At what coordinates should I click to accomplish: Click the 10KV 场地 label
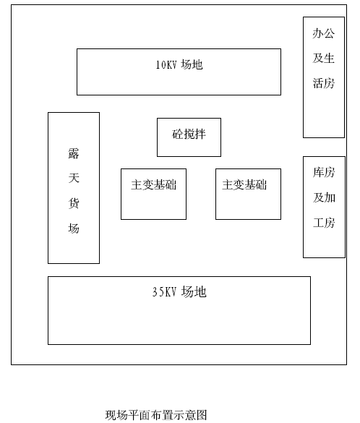pos(179,65)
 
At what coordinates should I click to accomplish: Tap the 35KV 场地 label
pos(179,292)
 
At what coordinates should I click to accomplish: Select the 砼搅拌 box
pos(189,137)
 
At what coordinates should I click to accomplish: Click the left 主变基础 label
pos(154,185)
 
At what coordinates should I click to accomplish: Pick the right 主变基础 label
pos(244,185)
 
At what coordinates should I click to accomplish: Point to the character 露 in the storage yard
pos(74,153)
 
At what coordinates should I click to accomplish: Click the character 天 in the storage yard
pos(74,178)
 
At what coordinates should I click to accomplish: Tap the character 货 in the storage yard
pos(74,203)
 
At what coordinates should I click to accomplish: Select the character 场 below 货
pos(74,228)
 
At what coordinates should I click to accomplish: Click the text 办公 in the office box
pos(324,33)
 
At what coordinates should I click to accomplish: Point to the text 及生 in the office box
pos(324,59)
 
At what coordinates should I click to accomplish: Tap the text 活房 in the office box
pos(324,83)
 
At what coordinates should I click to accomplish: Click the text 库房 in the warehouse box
pos(324,172)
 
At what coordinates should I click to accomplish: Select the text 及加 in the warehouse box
pos(324,197)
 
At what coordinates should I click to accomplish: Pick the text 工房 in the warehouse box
pos(324,223)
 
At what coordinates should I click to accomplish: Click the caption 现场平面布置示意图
pos(156,415)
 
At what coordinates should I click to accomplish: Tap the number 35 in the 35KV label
pos(157,292)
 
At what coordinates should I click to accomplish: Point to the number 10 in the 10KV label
pos(160,65)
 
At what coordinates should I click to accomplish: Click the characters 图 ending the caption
pos(202,415)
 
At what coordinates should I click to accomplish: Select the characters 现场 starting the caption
pos(116,415)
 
